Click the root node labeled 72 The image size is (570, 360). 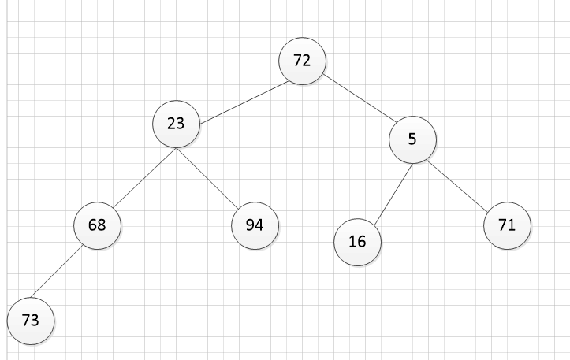point(302,61)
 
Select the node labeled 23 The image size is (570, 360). point(176,124)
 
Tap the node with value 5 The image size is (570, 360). point(412,139)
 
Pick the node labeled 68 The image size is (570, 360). point(97,225)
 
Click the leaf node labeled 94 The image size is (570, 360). point(255,225)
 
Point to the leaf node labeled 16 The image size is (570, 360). point(357,242)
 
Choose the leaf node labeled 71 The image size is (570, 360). point(507,225)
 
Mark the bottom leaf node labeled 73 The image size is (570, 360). point(31,321)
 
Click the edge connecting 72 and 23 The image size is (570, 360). point(244,102)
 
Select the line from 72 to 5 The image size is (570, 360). point(360,98)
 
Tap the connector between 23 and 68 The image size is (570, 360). point(144,178)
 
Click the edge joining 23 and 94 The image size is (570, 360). point(207,179)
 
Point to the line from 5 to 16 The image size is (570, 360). point(393,195)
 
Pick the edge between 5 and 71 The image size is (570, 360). point(457,185)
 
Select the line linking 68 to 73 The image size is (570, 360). point(56,272)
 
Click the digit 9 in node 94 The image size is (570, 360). point(250,225)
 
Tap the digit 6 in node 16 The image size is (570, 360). point(362,242)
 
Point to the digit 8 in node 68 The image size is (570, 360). point(102,225)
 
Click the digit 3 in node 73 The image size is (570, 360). point(35,321)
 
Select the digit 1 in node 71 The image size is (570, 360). point(511,225)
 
